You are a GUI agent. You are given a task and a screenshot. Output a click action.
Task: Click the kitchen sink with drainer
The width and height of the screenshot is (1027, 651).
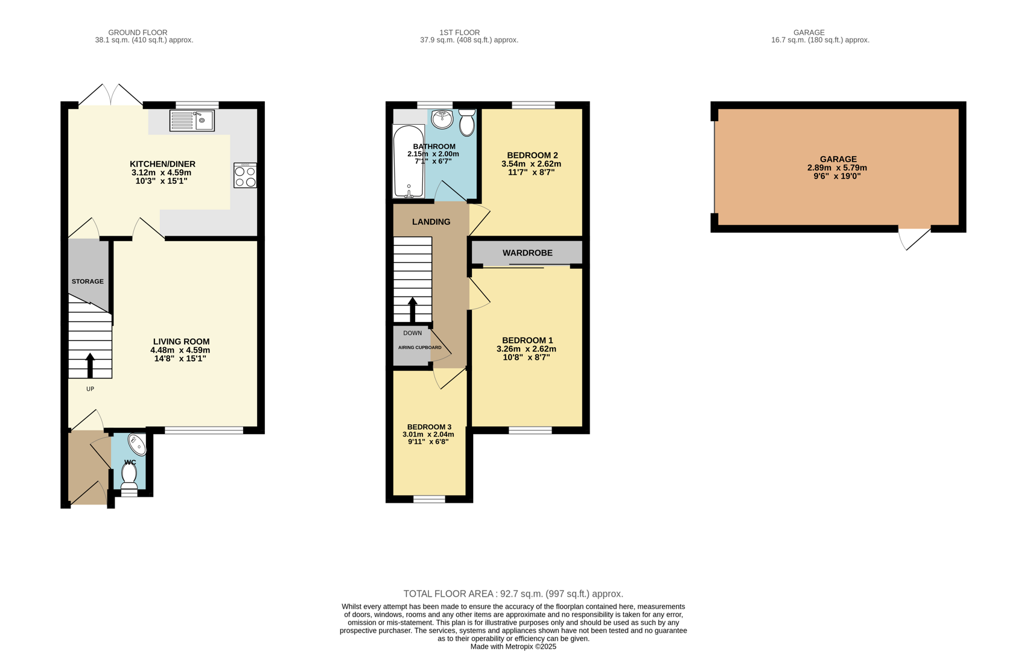click(x=192, y=121)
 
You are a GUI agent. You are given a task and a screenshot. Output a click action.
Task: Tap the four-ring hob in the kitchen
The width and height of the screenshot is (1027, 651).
click(x=245, y=175)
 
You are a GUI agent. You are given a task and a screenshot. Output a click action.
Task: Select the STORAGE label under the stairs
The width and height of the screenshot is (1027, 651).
click(x=87, y=281)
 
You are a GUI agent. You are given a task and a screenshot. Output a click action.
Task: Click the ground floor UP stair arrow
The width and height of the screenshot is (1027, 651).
click(x=91, y=366)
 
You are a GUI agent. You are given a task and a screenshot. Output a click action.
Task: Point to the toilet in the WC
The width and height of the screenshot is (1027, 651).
click(x=129, y=475)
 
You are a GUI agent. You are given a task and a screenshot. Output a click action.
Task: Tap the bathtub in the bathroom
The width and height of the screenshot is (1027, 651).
click(x=409, y=161)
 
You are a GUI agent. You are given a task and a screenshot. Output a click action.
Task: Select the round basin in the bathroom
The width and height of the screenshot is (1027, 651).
click(x=442, y=118)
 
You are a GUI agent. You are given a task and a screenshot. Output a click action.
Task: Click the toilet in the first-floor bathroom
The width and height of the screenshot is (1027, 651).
click(x=466, y=122)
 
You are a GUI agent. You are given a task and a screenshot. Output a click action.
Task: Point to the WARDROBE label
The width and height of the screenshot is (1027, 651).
click(x=527, y=253)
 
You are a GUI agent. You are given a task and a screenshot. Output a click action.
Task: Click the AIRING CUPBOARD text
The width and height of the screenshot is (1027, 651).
click(x=419, y=348)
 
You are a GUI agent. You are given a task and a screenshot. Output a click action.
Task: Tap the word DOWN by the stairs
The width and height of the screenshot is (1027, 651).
click(x=413, y=333)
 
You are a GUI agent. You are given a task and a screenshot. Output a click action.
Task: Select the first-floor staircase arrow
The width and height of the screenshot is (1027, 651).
click(x=413, y=309)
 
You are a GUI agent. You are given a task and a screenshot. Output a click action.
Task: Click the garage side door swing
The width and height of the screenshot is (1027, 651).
click(x=914, y=237)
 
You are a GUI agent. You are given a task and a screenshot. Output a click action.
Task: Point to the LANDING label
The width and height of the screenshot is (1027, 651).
click(x=431, y=222)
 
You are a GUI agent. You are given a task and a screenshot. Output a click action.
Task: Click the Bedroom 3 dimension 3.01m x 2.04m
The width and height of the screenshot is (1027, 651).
click(x=428, y=435)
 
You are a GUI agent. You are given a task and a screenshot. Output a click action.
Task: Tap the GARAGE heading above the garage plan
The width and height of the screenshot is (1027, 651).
click(x=809, y=33)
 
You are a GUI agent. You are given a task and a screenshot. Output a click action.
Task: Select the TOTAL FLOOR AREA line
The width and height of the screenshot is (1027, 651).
click(x=513, y=594)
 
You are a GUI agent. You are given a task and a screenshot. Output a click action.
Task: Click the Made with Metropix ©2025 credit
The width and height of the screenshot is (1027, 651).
click(x=513, y=646)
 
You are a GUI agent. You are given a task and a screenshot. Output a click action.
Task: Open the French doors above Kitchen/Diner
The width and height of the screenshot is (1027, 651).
click(x=111, y=96)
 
